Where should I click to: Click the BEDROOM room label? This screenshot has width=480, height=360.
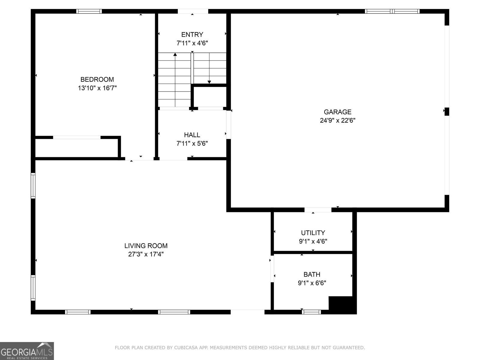click(x=97, y=79)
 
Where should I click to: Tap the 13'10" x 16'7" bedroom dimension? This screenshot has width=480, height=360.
click(x=97, y=88)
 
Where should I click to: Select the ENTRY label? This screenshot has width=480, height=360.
click(x=192, y=34)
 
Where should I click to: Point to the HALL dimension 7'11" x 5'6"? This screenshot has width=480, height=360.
click(x=192, y=143)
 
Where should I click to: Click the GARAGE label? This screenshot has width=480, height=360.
click(x=337, y=112)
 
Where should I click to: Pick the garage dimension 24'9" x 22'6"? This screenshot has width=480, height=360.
click(x=337, y=120)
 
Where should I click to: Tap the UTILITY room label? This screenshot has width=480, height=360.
click(x=313, y=233)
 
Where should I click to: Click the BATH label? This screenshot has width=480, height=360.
click(x=312, y=274)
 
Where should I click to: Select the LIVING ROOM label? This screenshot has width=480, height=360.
click(x=146, y=246)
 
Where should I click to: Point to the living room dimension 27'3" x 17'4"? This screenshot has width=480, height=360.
click(x=146, y=254)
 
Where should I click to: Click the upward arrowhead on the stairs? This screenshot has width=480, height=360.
click(x=175, y=54)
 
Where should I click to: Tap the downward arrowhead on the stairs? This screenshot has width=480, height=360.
click(x=209, y=82)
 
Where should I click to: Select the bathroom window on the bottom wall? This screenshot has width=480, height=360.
click(x=311, y=312)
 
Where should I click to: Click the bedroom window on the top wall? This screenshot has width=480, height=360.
click(x=89, y=11)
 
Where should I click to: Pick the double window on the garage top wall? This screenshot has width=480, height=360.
click(x=392, y=11)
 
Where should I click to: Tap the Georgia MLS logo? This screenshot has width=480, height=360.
click(x=27, y=351)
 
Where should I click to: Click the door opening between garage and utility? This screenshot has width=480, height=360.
click(x=318, y=210)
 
